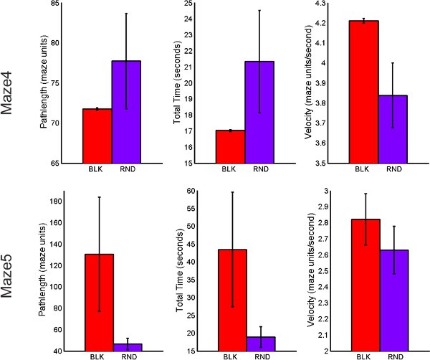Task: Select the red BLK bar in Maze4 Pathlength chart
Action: tap(97, 136)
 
